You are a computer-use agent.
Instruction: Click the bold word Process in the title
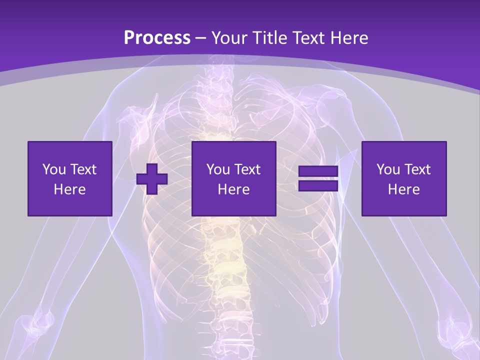[157, 37]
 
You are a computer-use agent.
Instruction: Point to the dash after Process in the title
[201, 38]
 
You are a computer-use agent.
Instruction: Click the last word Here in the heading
[350, 37]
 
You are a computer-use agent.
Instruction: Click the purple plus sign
[152, 179]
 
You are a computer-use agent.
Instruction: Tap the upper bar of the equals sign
[318, 171]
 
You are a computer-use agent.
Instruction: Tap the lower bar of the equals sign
[318, 186]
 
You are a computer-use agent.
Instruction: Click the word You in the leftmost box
[53, 169]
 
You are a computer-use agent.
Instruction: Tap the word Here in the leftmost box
[70, 189]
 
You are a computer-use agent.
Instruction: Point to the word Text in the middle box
[247, 169]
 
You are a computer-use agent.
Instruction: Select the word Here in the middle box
[234, 189]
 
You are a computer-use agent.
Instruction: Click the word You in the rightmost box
[387, 169]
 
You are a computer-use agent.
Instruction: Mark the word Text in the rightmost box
[417, 169]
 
